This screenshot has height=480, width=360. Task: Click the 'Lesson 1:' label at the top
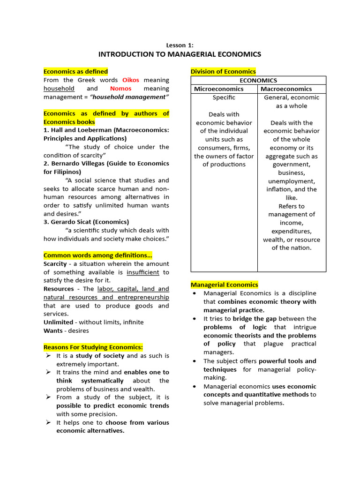pyautogui.click(x=180, y=45)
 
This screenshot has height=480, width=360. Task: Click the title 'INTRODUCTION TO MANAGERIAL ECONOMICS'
pyautogui.click(x=180, y=54)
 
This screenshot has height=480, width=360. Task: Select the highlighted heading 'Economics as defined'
pyautogui.click(x=75, y=72)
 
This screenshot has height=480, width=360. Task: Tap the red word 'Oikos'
pyautogui.click(x=131, y=80)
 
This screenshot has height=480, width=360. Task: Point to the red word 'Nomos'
pyautogui.click(x=121, y=89)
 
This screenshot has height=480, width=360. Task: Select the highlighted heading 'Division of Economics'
pyautogui.click(x=223, y=72)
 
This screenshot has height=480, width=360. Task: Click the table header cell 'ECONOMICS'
pyautogui.click(x=258, y=81)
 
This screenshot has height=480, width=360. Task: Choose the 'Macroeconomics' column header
pyautogui.click(x=286, y=89)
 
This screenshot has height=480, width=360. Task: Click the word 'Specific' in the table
pyautogui.click(x=224, y=97)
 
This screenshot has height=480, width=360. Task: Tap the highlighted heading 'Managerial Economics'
pyautogui.click(x=224, y=285)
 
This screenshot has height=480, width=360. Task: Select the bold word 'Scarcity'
pyautogui.click(x=55, y=264)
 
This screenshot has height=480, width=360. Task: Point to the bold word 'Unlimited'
pyautogui.click(x=59, y=322)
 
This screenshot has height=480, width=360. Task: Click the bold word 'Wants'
pyautogui.click(x=52, y=331)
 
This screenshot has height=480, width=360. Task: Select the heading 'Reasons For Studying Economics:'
pyautogui.click(x=93, y=347)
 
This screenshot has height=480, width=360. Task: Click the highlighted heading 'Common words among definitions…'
pyautogui.click(x=98, y=255)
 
